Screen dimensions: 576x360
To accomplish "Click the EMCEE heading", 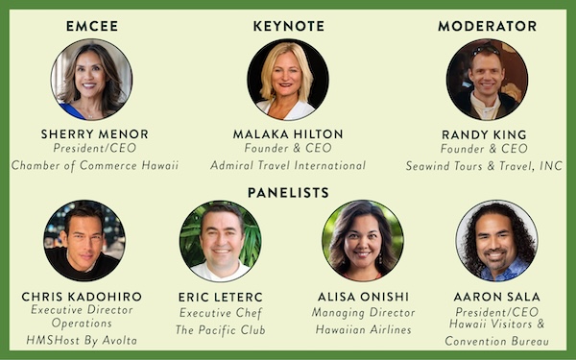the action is tap(92, 26).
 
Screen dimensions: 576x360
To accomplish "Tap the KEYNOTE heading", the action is tap(289, 26).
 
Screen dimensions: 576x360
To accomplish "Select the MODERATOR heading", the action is tap(488, 26).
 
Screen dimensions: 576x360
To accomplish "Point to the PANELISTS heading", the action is tap(288, 193).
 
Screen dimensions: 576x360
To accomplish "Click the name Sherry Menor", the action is tap(95, 134).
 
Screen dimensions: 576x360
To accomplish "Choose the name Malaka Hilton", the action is tap(288, 134).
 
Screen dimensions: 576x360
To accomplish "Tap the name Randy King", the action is tap(484, 134).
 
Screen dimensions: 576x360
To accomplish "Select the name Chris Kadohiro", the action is tap(82, 297).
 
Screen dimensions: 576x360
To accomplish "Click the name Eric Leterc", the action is tap(221, 297).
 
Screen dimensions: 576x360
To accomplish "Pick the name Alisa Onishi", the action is tap(363, 297).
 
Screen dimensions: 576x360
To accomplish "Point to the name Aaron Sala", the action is tap(496, 297).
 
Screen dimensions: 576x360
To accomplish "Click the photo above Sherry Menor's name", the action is tap(91, 80).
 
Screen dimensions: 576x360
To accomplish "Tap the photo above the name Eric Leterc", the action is tap(221, 241).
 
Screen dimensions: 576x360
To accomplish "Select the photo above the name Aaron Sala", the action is tap(497, 241).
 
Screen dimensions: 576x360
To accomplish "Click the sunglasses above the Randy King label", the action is tap(486, 50).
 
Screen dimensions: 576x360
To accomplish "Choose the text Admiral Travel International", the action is tap(288, 165).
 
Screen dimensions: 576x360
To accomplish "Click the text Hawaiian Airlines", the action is tap(363, 329).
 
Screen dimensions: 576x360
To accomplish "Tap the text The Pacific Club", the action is tap(221, 330).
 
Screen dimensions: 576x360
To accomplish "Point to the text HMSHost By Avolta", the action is tap(82, 341).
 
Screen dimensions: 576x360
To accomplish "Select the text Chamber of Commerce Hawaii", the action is tap(95, 165).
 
